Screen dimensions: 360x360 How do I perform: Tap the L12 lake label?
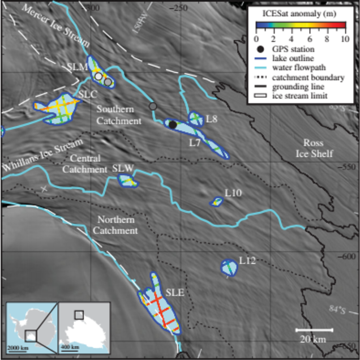pos(247,261)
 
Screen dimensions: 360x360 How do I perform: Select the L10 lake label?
pos(233,194)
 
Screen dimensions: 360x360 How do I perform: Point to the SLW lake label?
pos(123,168)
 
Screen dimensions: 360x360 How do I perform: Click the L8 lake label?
pos(212,119)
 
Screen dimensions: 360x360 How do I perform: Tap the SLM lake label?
pos(76,67)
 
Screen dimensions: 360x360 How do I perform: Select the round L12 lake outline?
pos(229,267)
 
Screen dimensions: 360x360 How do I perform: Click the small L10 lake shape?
pos(217,202)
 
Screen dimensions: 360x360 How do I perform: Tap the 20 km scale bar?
pos(314,329)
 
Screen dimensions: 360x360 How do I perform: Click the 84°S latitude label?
pos(337,309)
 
